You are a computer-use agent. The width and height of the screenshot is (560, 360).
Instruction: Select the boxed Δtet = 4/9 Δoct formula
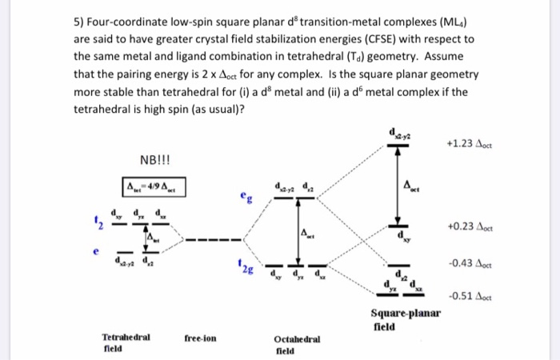[x=152, y=187]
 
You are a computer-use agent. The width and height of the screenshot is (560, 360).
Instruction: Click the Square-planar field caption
[x=406, y=318]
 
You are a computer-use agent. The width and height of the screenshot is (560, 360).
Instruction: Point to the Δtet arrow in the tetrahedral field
[x=144, y=238]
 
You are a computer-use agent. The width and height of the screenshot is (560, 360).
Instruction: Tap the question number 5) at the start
[x=78, y=20]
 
